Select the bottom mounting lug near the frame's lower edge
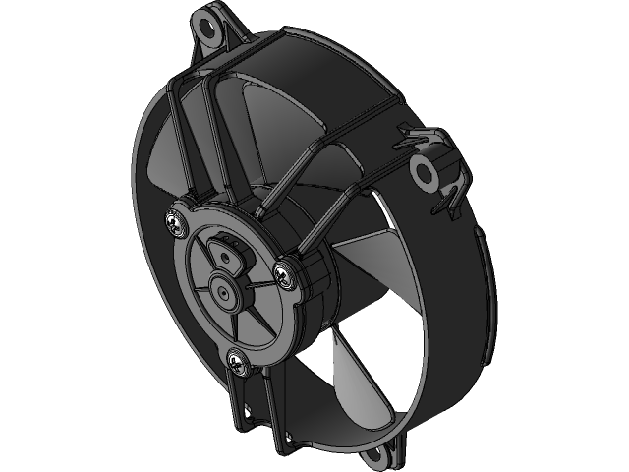click(x=382, y=455)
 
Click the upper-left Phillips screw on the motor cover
click(x=176, y=224)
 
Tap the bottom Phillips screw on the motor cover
click(x=238, y=361)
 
